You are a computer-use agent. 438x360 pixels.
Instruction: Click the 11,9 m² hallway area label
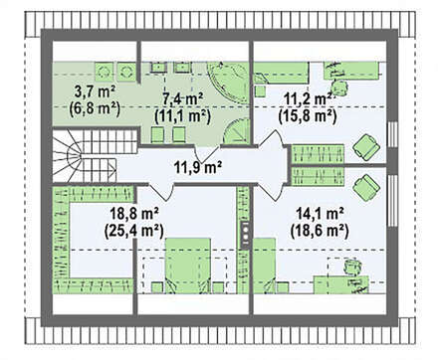tap(198, 167)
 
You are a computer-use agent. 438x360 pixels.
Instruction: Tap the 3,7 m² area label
tap(95, 92)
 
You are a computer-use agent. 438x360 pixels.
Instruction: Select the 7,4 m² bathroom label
tap(183, 98)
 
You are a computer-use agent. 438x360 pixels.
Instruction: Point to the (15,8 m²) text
tap(308, 115)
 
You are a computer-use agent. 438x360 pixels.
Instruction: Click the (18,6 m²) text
tap(320, 230)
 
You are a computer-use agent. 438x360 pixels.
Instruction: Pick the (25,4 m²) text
tap(133, 230)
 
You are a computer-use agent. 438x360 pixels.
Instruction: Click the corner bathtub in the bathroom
tap(229, 83)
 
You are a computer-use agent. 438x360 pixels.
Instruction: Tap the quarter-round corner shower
tap(236, 132)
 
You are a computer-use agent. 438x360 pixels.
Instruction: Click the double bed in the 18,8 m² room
tap(188, 265)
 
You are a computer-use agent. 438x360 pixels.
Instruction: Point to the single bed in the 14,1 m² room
tap(265, 266)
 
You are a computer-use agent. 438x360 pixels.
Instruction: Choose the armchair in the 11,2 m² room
tap(366, 147)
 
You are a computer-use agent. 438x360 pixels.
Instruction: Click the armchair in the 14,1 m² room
tap(366, 187)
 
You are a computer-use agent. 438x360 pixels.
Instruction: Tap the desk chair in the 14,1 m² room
tap(352, 267)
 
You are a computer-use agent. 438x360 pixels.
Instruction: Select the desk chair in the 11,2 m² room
tap(339, 88)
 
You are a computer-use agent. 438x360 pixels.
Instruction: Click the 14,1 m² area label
tap(320, 214)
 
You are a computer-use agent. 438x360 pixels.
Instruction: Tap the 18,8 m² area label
tap(133, 214)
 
